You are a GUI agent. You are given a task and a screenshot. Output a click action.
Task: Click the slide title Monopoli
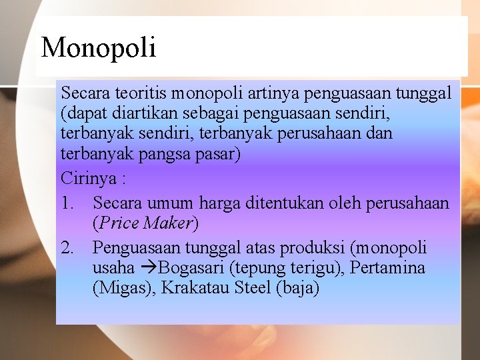[99, 48]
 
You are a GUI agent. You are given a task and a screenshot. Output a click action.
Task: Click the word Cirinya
[87, 179]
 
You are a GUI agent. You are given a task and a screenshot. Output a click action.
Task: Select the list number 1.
[67, 201]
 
